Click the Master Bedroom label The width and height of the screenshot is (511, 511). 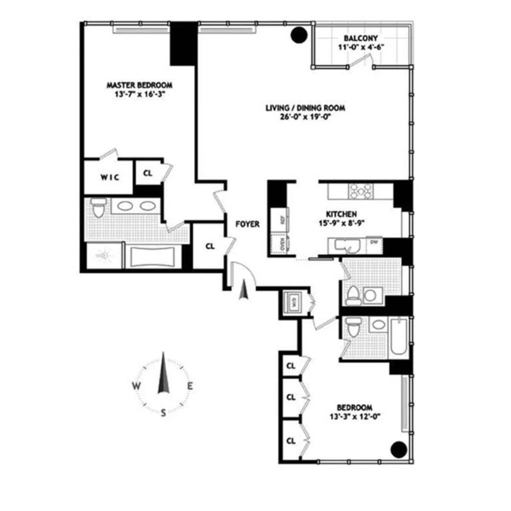pyautogui.click(x=139, y=85)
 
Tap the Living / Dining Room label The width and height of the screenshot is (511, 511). pyautogui.click(x=305, y=108)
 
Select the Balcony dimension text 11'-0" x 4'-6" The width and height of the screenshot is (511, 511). pyautogui.click(x=361, y=47)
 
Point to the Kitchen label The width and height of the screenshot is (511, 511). pyautogui.click(x=341, y=214)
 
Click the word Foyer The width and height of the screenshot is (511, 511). pyautogui.click(x=247, y=224)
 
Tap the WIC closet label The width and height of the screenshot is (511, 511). pyautogui.click(x=110, y=177)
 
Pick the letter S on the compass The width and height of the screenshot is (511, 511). pyautogui.click(x=163, y=412)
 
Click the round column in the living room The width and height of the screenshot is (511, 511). pyautogui.click(x=299, y=34)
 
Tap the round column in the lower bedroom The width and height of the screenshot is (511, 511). pyautogui.click(x=399, y=448)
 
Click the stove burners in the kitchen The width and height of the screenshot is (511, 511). pyautogui.click(x=360, y=191)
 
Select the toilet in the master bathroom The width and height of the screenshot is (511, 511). pyautogui.click(x=98, y=208)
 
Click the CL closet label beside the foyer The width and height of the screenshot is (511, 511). pyautogui.click(x=210, y=246)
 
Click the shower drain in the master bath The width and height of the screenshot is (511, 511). pyautogui.click(x=103, y=256)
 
